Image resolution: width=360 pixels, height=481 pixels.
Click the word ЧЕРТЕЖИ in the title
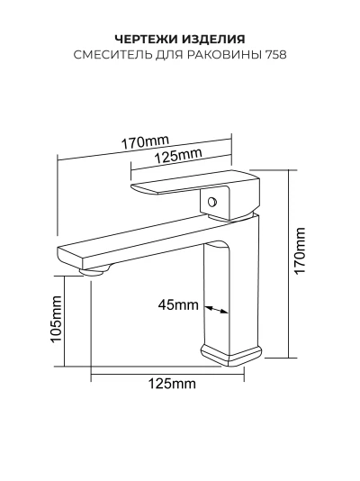tap(147, 40)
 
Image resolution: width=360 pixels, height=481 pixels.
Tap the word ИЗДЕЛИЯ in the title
tap(214, 40)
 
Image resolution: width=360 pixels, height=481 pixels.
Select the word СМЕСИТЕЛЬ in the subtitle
tap(113, 55)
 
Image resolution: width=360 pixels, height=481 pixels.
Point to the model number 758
tap(276, 55)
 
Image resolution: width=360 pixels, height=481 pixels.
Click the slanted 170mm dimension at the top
tap(145, 141)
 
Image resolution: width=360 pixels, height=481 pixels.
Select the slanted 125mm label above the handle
tap(178, 156)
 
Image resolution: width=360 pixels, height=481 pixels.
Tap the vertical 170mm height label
tap(300, 251)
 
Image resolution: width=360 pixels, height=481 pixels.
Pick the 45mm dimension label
tap(178, 305)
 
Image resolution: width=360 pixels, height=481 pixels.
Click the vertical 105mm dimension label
tap(56, 319)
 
